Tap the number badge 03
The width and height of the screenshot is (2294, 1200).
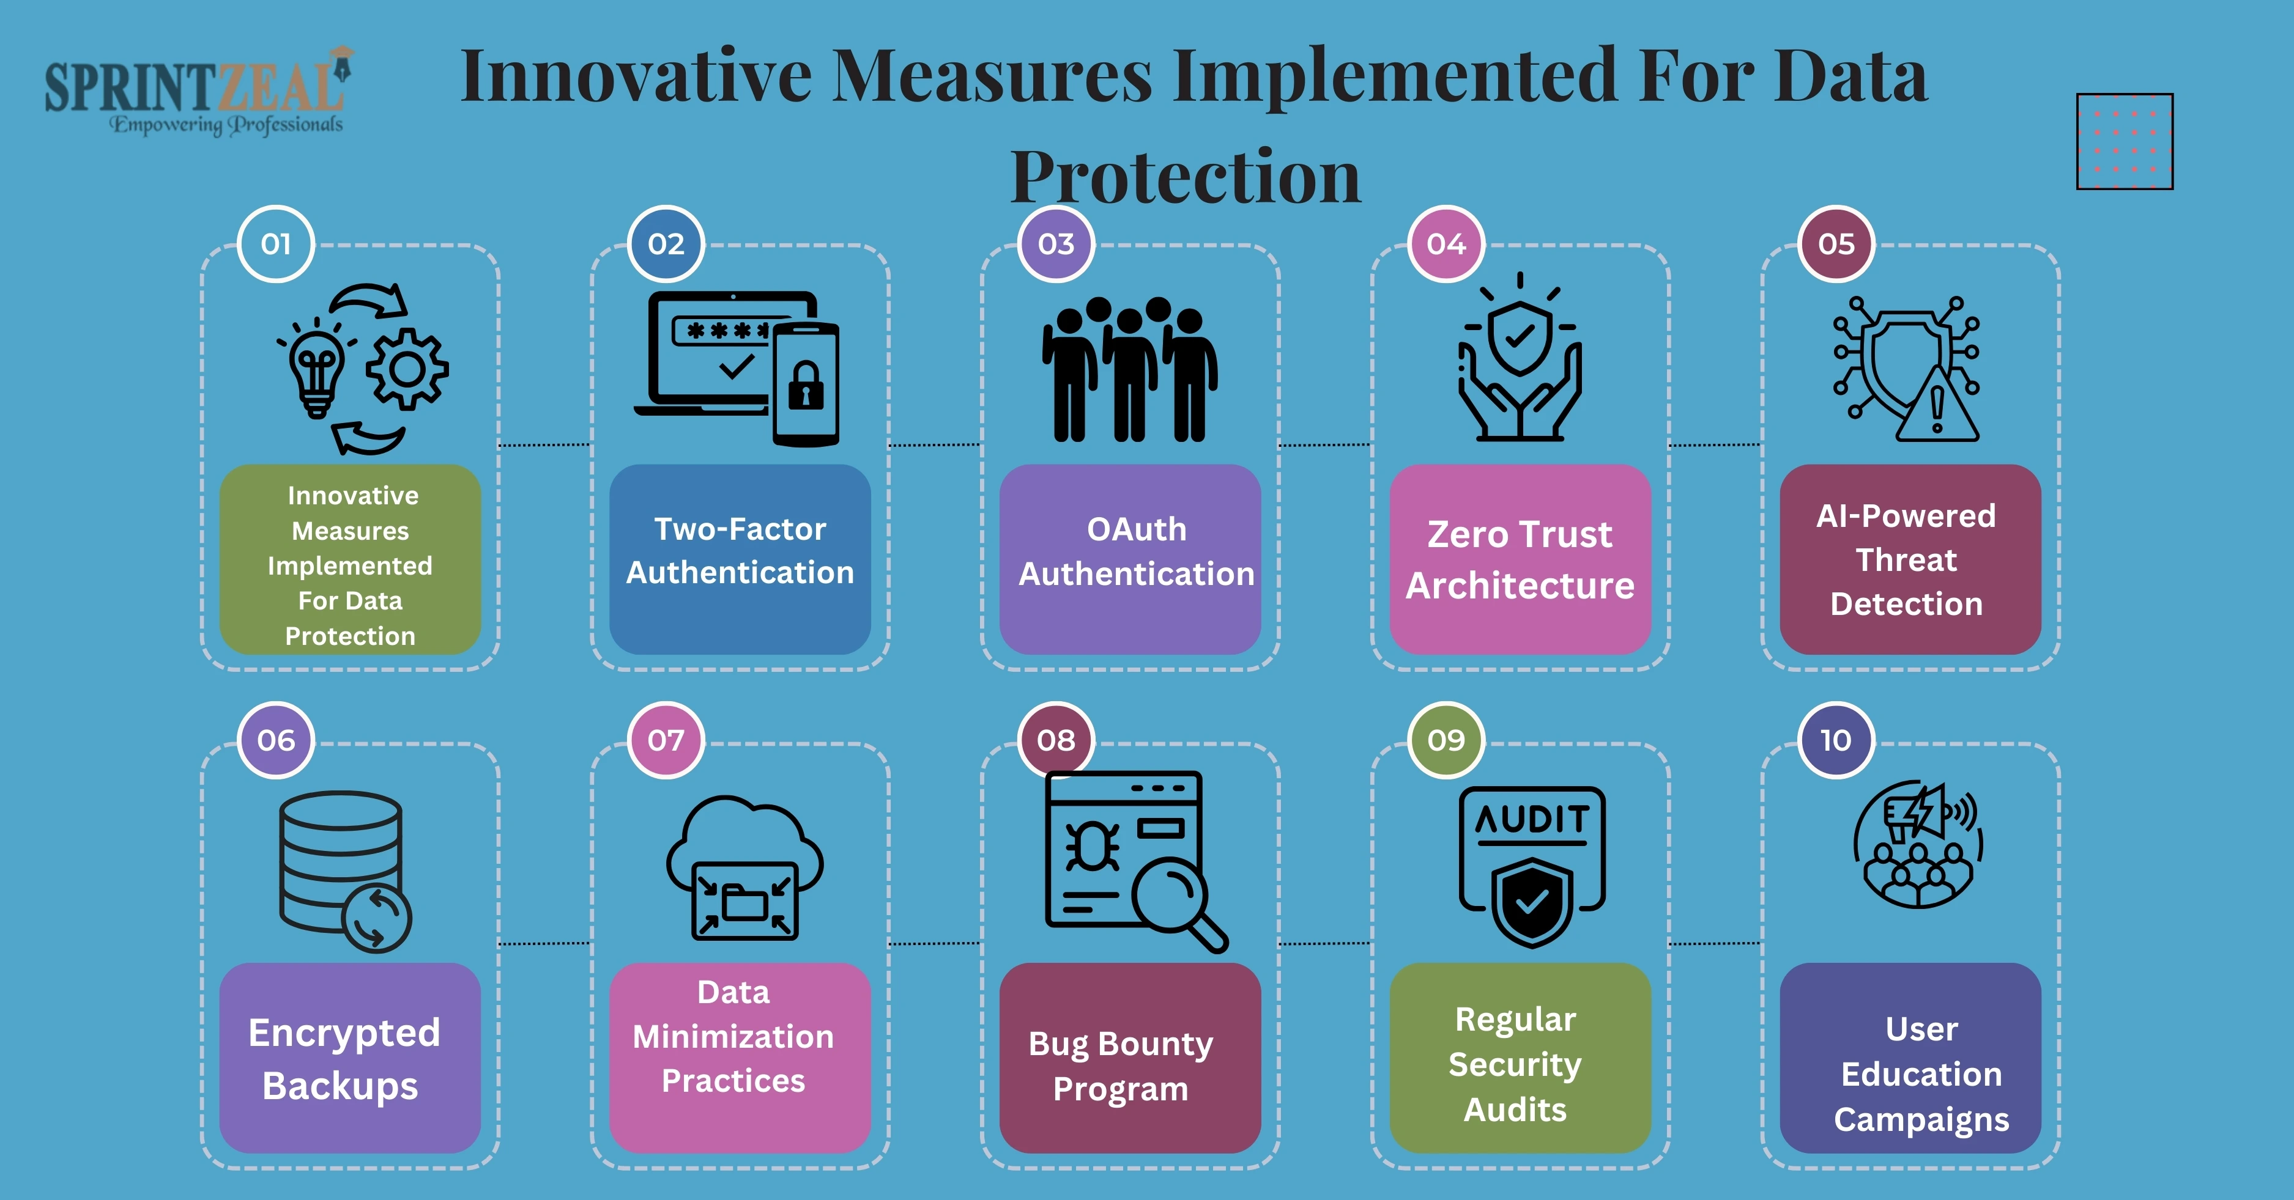coord(1056,244)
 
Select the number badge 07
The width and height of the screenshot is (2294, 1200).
coord(666,740)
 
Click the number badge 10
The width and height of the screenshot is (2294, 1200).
coord(1836,740)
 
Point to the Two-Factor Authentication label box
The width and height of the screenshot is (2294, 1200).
coord(740,559)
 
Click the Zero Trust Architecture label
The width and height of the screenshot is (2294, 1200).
coord(1520,559)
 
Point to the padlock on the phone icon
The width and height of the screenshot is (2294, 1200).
coord(806,385)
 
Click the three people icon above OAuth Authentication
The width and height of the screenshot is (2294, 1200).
coord(1130,369)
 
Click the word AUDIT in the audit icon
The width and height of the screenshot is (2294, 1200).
coord(1532,819)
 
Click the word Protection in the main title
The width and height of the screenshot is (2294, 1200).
coord(1186,176)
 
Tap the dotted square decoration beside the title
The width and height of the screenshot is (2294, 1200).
coord(2125,142)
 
